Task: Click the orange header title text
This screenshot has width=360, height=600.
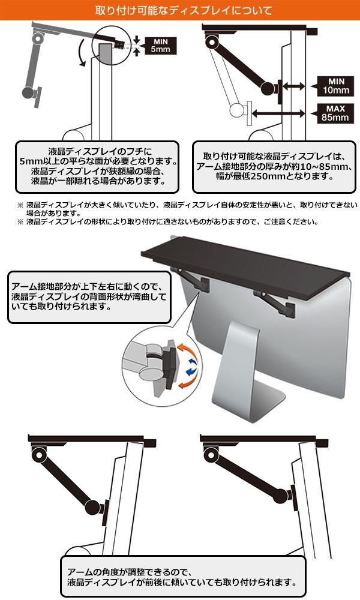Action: click(x=180, y=10)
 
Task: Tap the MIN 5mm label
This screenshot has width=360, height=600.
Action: click(x=160, y=46)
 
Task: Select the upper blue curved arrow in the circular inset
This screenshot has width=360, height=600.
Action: click(x=193, y=362)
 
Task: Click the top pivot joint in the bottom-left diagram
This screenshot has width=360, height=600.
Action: click(x=40, y=454)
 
